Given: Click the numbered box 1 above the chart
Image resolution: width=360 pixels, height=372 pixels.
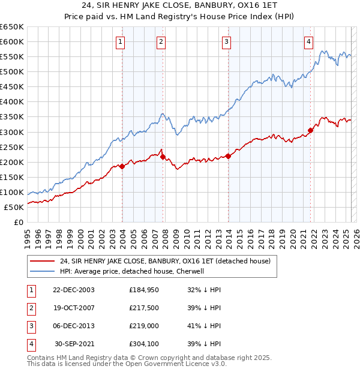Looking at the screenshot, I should point(121,41).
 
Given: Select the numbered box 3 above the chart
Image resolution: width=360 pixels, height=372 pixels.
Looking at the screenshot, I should point(227,41).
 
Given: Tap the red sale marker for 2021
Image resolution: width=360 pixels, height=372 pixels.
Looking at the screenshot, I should point(311,130).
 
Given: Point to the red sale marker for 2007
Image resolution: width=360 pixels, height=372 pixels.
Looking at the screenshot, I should point(163,157).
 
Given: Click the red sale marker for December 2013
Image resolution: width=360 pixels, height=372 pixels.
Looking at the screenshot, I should point(228,156).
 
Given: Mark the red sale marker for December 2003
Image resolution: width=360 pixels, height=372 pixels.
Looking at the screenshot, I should point(122,166).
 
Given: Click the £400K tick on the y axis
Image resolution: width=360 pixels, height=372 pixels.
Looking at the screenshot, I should point(13,102).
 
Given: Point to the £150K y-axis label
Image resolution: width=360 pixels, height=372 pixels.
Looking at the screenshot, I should point(13,178).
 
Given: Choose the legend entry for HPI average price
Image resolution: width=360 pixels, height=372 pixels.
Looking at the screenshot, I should point(132,271).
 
